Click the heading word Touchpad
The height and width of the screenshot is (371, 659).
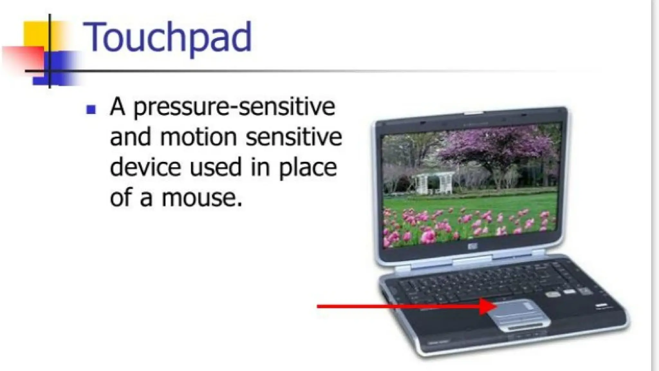pos(167,37)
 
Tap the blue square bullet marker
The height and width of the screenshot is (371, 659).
pos(91,110)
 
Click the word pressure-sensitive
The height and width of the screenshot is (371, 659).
pos(234,107)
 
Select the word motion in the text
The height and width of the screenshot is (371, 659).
pos(199,137)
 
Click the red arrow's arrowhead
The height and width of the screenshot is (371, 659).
pos(487,306)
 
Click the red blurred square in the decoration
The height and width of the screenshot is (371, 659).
pos(23,58)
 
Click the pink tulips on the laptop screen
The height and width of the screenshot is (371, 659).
pos(467,225)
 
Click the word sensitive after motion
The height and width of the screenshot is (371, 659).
pos(293,137)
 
